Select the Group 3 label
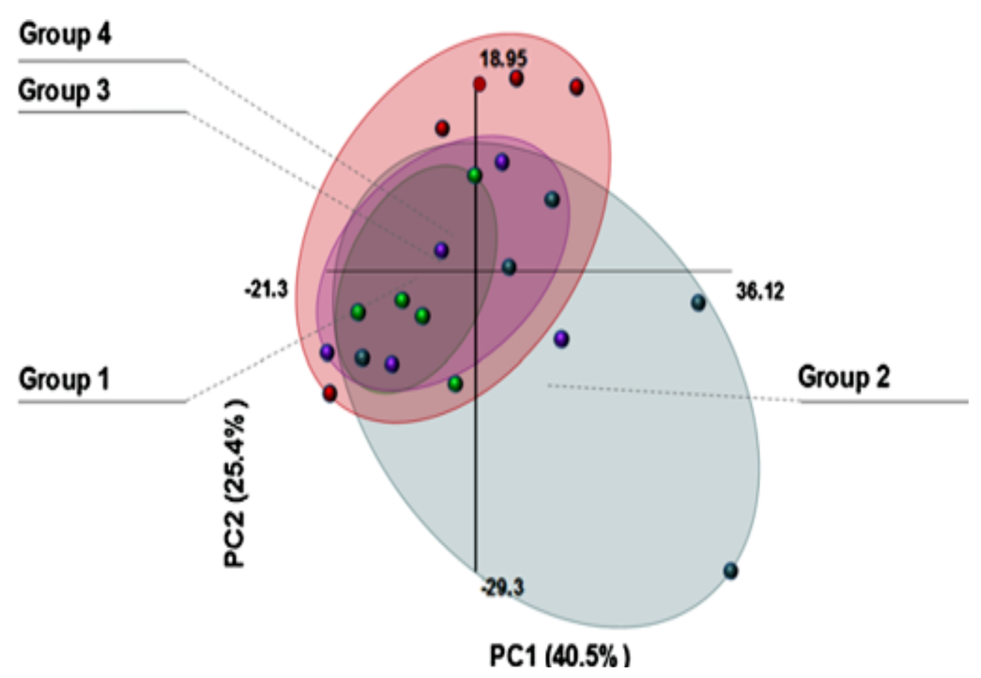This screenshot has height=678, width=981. pos(64,91)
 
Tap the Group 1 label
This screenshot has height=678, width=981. pos(64,379)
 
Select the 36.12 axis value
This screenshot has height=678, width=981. pos(760,292)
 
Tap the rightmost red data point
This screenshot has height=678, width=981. pos(576,87)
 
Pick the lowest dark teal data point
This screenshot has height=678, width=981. pos(730,570)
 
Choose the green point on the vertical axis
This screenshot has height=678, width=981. pos(475,175)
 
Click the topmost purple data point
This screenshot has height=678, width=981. pos(502,162)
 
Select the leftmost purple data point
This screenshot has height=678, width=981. pos(327,352)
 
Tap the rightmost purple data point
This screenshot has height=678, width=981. pos(561,339)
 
